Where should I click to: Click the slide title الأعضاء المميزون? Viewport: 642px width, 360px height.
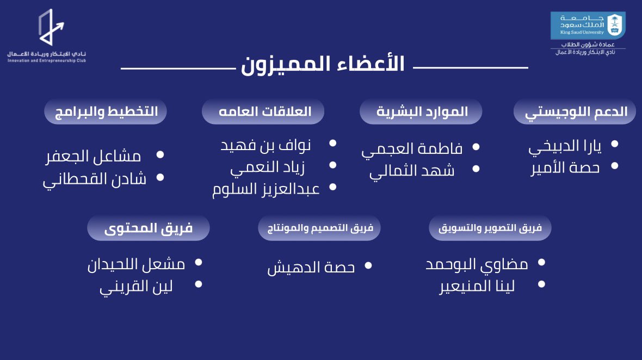pos(323,64)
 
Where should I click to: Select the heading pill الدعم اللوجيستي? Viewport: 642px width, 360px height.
pos(576,112)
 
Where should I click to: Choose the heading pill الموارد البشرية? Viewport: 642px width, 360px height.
pos(422,111)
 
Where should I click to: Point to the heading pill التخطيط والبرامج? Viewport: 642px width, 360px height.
pos(106,111)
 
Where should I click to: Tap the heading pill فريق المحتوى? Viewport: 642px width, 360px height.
pos(148,228)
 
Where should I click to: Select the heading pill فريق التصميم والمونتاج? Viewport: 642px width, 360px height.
pos(319,228)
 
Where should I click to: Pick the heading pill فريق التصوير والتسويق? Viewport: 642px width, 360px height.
pos(490,228)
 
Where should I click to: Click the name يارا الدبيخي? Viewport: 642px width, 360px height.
pos(564,147)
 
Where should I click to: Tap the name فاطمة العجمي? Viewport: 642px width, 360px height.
pos(412,149)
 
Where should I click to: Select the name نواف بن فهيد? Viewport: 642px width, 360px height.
pos(265,146)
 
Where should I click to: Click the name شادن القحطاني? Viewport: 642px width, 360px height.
pos(95,179)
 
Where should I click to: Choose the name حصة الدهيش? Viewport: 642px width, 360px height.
pos(311,268)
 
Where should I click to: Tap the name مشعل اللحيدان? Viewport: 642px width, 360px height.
pos(136,265)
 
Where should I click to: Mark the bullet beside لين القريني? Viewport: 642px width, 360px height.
pos(198,284)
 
